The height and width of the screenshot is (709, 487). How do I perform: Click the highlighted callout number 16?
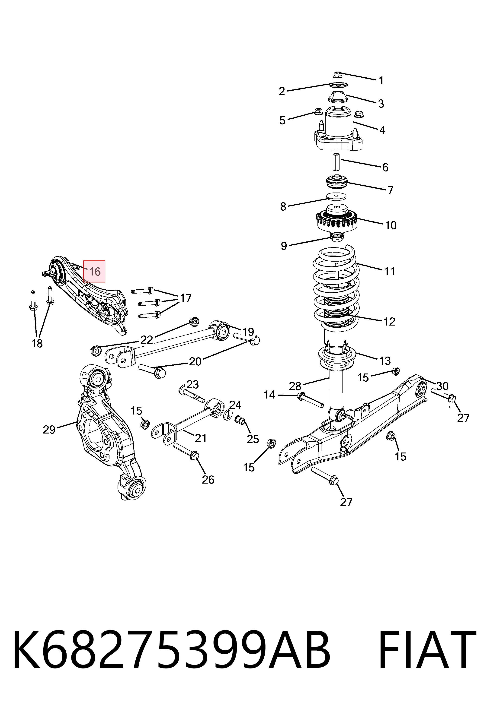click(94, 271)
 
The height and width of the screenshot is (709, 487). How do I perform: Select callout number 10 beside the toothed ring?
click(391, 225)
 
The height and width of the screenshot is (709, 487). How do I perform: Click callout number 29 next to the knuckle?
click(49, 430)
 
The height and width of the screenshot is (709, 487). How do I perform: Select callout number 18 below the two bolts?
click(37, 344)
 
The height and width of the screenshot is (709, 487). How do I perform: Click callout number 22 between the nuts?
click(147, 339)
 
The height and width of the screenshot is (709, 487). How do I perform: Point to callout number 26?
click(208, 480)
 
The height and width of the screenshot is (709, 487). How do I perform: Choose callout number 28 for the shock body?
click(295, 386)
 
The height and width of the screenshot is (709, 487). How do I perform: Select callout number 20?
click(195, 361)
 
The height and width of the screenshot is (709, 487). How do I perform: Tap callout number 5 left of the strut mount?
click(282, 120)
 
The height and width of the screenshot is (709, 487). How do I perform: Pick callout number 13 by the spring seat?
click(385, 361)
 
